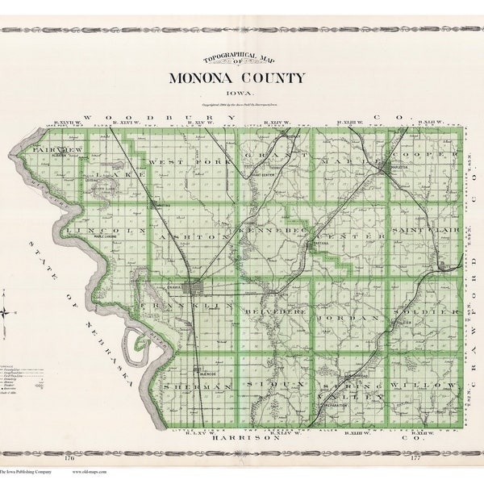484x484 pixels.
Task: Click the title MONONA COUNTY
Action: [237, 77]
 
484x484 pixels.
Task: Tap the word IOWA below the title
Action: [237, 93]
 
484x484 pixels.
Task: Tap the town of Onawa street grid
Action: [194, 289]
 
